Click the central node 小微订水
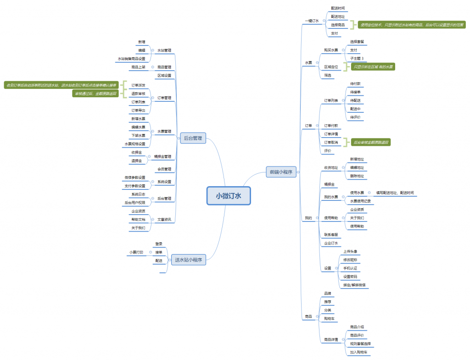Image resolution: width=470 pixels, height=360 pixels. pyautogui.click(x=229, y=195)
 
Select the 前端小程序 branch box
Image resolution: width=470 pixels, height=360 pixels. pyautogui.click(x=281, y=172)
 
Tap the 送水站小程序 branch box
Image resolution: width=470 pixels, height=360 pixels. pyautogui.click(x=188, y=260)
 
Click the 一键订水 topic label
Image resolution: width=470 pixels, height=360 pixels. pyautogui.click(x=312, y=21)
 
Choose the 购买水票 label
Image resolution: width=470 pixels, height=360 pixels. pyautogui.click(x=331, y=50)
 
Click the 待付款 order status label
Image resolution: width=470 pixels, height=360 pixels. pyautogui.click(x=355, y=83)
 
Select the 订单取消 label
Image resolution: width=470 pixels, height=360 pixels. pyautogui.click(x=331, y=142)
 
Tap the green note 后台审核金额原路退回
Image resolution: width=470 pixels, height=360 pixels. pyautogui.click(x=371, y=143)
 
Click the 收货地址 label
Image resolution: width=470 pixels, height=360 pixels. pyautogui.click(x=331, y=167)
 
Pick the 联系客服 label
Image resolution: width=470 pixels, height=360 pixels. pyautogui.click(x=331, y=235)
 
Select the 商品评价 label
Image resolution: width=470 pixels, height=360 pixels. pyautogui.click(x=357, y=335)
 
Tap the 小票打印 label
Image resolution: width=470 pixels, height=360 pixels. pyautogui.click(x=136, y=252)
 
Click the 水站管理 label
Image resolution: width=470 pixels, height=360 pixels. pyautogui.click(x=164, y=50)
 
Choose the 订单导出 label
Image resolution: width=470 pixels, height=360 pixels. pyautogui.click(x=138, y=110)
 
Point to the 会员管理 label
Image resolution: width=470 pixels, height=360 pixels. pyautogui.click(x=164, y=169)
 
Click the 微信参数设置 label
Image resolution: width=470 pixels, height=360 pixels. pyautogui.click(x=135, y=177)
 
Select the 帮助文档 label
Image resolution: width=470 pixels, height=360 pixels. pyautogui.click(x=138, y=219)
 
